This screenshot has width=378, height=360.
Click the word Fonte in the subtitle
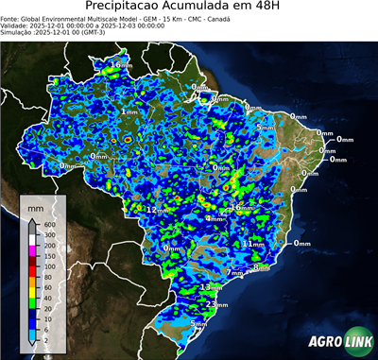(11, 17)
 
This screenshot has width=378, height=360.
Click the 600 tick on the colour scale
(49, 224)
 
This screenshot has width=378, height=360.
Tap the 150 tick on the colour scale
(49, 255)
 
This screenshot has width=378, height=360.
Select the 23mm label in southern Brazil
(216, 305)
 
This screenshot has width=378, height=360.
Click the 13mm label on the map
(212, 286)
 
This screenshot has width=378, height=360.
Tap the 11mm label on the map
(253, 244)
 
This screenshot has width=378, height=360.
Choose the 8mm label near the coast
(262, 268)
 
